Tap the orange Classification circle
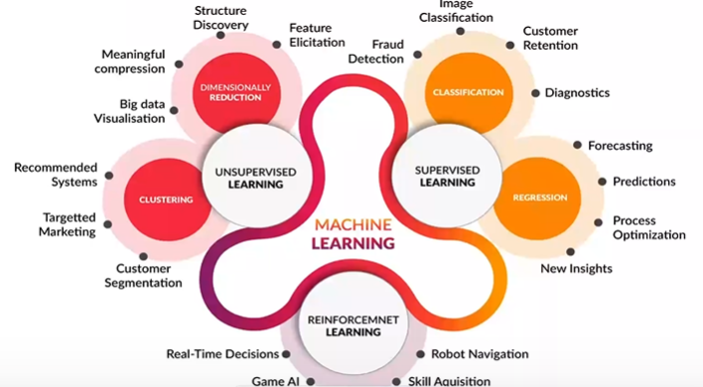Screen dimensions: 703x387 click(x=465, y=92)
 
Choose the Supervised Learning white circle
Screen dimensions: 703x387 click(x=445, y=176)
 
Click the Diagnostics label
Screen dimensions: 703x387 click(x=577, y=92)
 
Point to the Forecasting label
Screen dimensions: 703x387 click(x=620, y=145)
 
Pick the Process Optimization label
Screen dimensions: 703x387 click(x=648, y=227)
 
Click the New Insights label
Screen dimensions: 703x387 click(x=576, y=268)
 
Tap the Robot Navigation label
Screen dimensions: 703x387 click(x=480, y=353)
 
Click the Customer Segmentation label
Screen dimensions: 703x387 click(x=149, y=275)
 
